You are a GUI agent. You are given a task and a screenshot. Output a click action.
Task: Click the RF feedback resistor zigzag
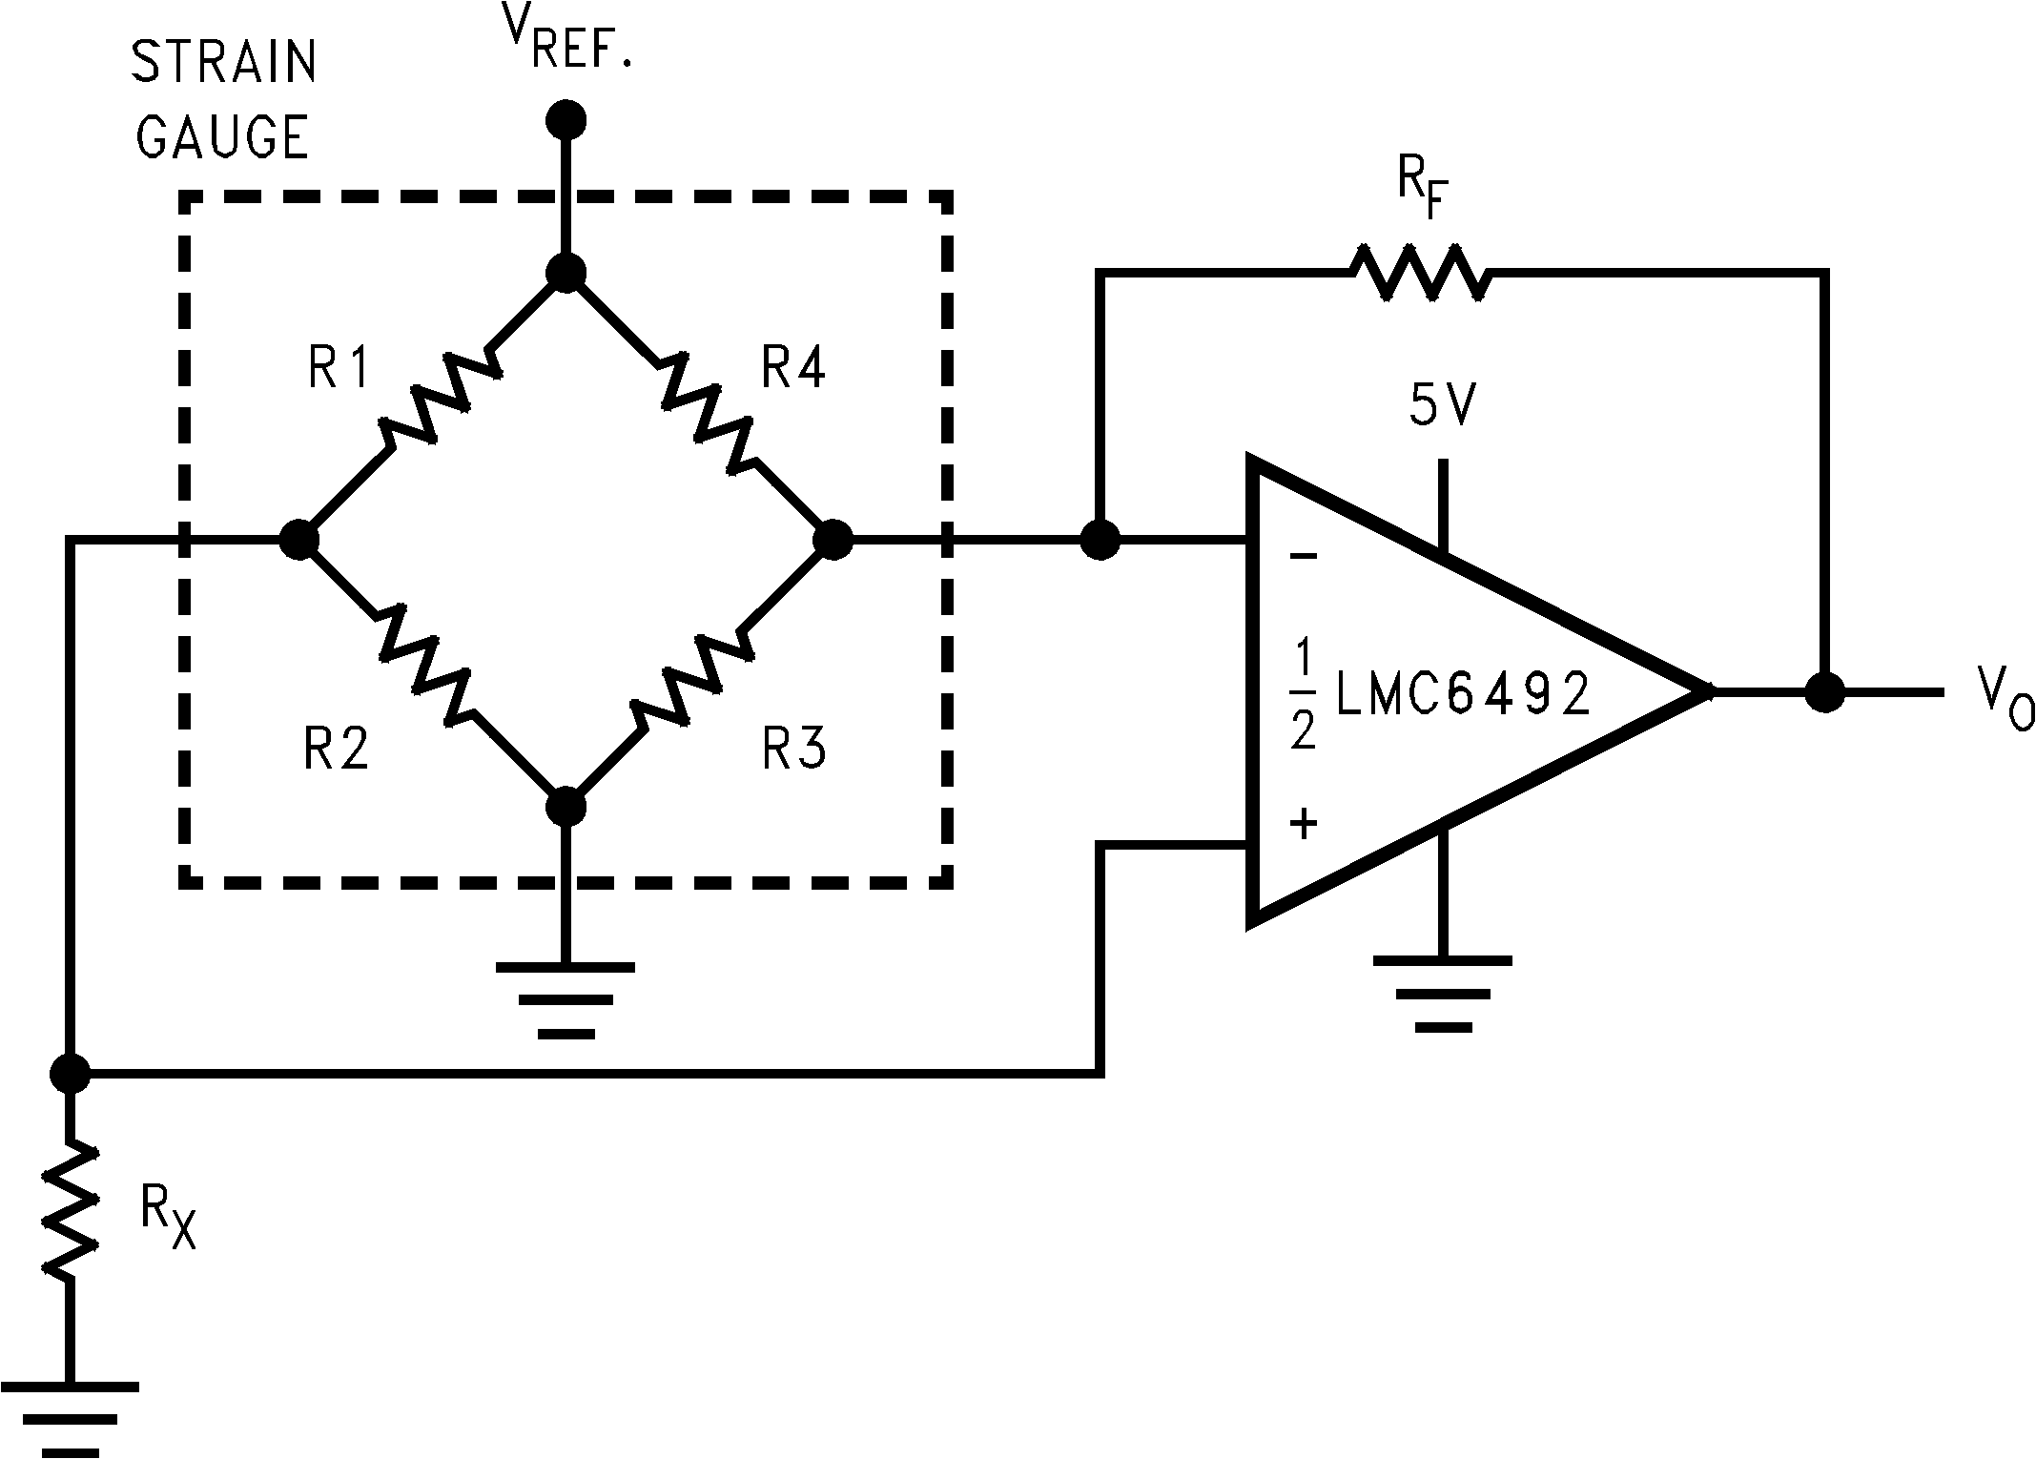(1418, 274)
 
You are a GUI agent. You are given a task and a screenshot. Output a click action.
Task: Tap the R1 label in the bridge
(339, 367)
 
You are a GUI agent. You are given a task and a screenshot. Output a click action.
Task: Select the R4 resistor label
(793, 367)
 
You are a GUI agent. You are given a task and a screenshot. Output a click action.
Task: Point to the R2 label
(337, 749)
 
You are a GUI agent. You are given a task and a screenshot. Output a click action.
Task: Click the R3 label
(793, 749)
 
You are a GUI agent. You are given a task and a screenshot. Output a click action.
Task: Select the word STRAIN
(223, 63)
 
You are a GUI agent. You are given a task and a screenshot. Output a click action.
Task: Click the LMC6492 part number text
(1464, 694)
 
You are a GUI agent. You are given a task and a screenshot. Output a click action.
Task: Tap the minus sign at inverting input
(1304, 556)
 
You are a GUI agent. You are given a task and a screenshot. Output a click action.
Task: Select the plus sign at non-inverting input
(1304, 822)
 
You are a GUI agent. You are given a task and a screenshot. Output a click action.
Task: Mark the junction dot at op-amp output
(1824, 692)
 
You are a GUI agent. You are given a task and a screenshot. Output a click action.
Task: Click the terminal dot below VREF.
(566, 120)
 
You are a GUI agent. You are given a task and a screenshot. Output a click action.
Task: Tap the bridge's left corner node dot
(298, 540)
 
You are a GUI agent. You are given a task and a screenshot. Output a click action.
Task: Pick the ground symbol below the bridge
(566, 999)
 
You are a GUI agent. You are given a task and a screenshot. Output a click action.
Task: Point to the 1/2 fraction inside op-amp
(1304, 694)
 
